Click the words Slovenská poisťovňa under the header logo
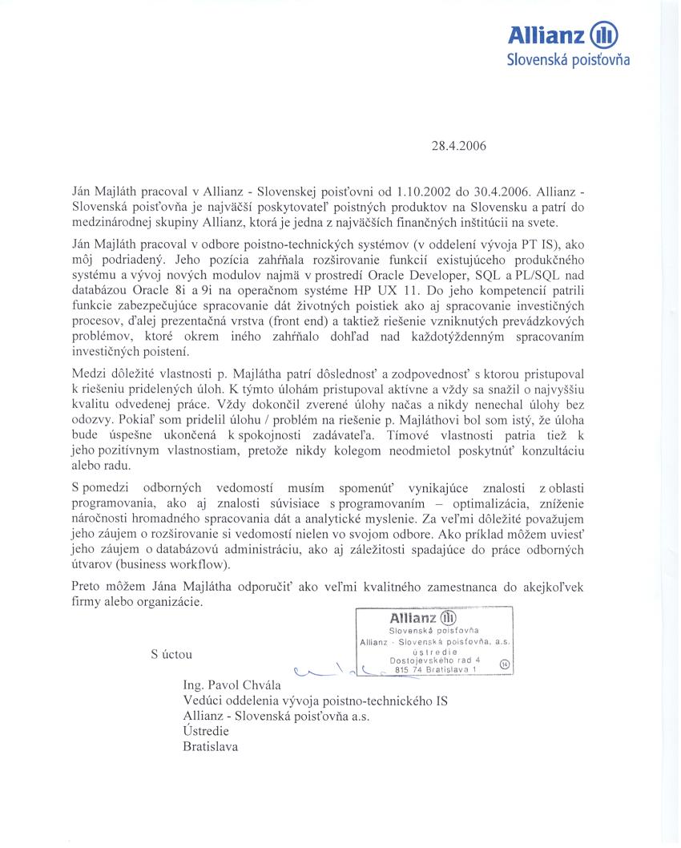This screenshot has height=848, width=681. click(x=569, y=60)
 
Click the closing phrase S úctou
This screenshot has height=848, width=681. click(x=171, y=653)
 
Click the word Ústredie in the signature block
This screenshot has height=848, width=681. click(x=206, y=731)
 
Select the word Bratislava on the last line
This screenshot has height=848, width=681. click(x=211, y=746)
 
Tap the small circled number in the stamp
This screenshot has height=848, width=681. click(x=503, y=663)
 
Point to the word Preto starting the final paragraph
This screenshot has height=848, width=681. click(x=87, y=586)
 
